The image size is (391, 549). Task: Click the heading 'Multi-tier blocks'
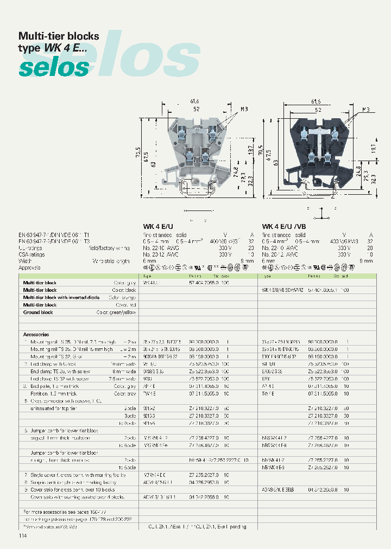coord(59,36)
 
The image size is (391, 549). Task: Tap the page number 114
coord(22,536)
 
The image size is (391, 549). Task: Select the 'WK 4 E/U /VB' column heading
coord(284,226)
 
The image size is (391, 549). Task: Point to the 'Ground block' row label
coord(38,312)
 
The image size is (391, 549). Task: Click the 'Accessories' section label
coord(36,335)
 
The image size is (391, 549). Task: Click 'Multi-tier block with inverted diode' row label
coord(61,298)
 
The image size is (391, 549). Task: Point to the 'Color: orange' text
coord(121,298)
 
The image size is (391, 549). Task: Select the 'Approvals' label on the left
coord(30,267)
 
